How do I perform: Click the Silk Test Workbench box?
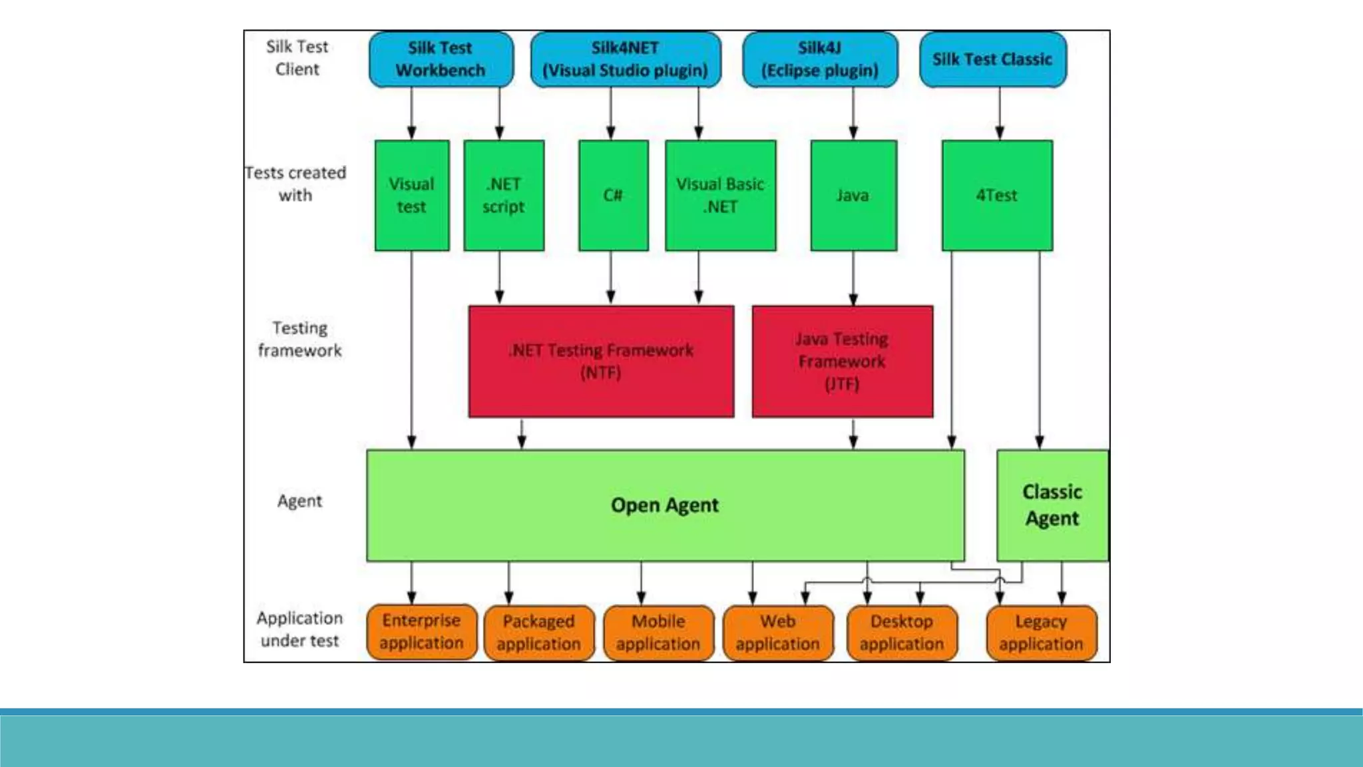pyautogui.click(x=441, y=59)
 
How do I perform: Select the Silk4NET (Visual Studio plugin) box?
pyautogui.click(x=625, y=59)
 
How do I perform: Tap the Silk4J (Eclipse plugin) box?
pyautogui.click(x=819, y=59)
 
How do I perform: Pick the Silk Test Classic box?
pyautogui.click(x=992, y=59)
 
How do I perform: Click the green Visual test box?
pyautogui.click(x=411, y=195)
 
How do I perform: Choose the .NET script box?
pyautogui.click(x=504, y=195)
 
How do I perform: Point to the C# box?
pyautogui.click(x=613, y=195)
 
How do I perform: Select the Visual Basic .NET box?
pyautogui.click(x=720, y=195)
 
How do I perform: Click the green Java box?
pyautogui.click(x=853, y=195)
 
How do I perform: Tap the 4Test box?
pyautogui.click(x=997, y=195)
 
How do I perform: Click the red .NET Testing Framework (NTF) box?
pyautogui.click(x=601, y=362)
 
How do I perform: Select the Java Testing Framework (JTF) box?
pyautogui.click(x=842, y=362)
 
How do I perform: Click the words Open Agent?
pyautogui.click(x=664, y=505)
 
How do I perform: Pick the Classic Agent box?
pyautogui.click(x=1052, y=505)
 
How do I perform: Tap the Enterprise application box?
pyautogui.click(x=421, y=632)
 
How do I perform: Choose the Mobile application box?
pyautogui.click(x=658, y=633)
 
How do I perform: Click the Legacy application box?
pyautogui.click(x=1041, y=633)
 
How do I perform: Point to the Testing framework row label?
pyautogui.click(x=299, y=339)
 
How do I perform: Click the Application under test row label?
pyautogui.click(x=299, y=629)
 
